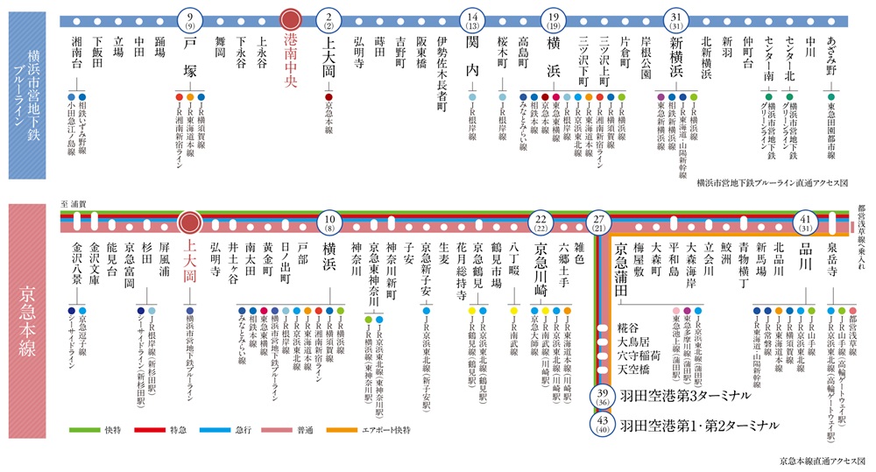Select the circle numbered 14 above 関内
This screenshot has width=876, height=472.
click(472, 18)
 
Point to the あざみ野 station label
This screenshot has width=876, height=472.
click(831, 52)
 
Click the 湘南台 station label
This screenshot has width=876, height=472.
click(76, 54)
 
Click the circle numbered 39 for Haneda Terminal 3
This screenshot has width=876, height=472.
click(602, 397)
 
